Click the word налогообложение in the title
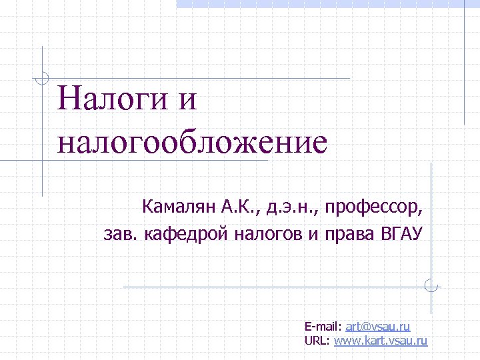tap(193, 141)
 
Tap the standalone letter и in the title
tap(188, 100)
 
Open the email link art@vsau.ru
tap(378, 326)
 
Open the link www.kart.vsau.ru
tap(380, 341)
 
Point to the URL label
tap(317, 341)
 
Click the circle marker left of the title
tap(43, 77)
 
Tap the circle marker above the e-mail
tap(431, 287)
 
